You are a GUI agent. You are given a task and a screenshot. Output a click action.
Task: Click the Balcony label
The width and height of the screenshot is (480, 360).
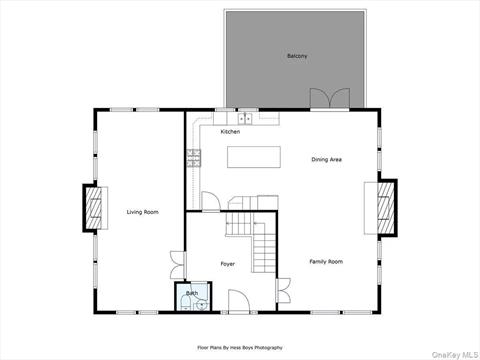(296, 55)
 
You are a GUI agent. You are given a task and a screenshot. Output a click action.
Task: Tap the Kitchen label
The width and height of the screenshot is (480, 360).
(230, 132)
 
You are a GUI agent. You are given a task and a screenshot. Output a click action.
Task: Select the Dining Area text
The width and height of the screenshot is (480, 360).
(327, 159)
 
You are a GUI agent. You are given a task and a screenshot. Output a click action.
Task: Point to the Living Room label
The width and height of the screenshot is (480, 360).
(143, 212)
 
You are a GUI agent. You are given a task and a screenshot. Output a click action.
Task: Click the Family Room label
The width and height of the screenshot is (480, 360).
(325, 261)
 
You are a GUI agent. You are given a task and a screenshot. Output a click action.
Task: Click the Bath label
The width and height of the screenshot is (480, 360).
(191, 293)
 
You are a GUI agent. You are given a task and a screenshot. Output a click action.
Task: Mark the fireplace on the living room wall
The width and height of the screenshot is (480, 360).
(91, 210)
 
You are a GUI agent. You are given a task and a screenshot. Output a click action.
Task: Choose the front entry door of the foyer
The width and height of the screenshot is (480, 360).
(239, 302)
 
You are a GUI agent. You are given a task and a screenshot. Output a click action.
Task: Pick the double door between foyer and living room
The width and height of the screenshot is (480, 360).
(177, 264)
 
